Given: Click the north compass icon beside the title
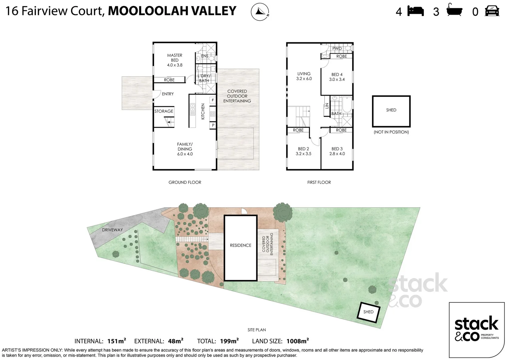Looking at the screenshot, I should click(x=260, y=12).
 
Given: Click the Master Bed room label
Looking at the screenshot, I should click(x=175, y=60).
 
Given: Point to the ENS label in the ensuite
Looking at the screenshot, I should click(x=205, y=56).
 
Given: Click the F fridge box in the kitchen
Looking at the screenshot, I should click(x=213, y=100).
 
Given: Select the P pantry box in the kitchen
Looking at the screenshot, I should click(x=213, y=125).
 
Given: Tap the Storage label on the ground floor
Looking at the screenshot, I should click(x=164, y=111).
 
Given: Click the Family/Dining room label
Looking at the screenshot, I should click(x=185, y=149).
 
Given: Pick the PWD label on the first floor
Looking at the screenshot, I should click(x=337, y=48).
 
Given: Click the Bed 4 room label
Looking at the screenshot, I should click(x=337, y=77).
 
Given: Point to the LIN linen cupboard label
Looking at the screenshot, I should click(x=327, y=106).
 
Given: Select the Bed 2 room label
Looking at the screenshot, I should click(x=303, y=151).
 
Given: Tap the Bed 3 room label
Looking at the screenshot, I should click(x=337, y=151).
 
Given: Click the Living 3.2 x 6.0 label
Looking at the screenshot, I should click(x=304, y=76).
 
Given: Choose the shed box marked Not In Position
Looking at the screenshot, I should click(x=391, y=111).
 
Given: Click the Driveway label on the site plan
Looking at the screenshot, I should click(x=112, y=230).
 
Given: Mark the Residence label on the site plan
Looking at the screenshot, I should click(x=240, y=245).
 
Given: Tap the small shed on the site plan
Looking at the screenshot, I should click(x=368, y=312).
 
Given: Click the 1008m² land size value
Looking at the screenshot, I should click(x=297, y=341).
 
